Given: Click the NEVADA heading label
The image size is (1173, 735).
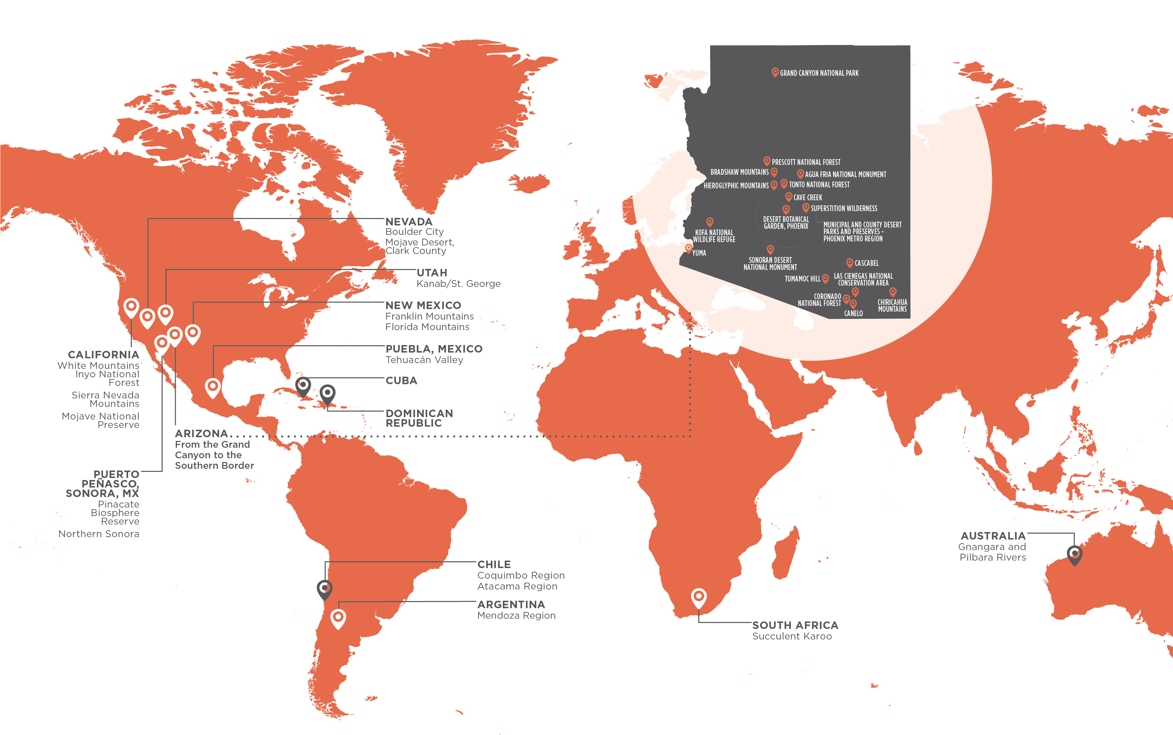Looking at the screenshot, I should point(409,222).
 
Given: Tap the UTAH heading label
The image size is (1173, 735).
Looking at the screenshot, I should point(431,273).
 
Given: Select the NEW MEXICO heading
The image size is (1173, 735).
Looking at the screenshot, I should point(423,305).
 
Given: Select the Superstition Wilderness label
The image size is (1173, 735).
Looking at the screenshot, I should point(844,208).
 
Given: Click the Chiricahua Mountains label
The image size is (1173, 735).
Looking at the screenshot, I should point(892,306).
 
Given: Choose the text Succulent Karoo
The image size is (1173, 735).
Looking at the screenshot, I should point(792,636).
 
